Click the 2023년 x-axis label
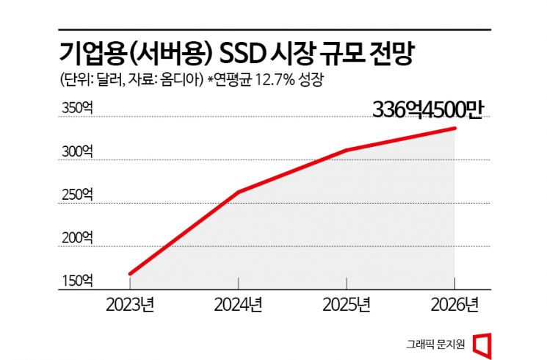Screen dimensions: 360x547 click(x=130, y=304)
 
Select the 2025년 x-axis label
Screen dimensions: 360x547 click(x=346, y=304)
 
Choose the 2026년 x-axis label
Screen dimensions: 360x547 click(x=454, y=304)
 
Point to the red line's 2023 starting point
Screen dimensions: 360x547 click(x=130, y=273)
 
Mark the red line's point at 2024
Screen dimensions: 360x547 click(x=239, y=192)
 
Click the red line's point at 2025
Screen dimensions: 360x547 click(x=346, y=151)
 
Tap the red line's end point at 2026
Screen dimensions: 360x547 click(x=454, y=129)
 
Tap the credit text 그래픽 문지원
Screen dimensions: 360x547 click(x=434, y=342)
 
